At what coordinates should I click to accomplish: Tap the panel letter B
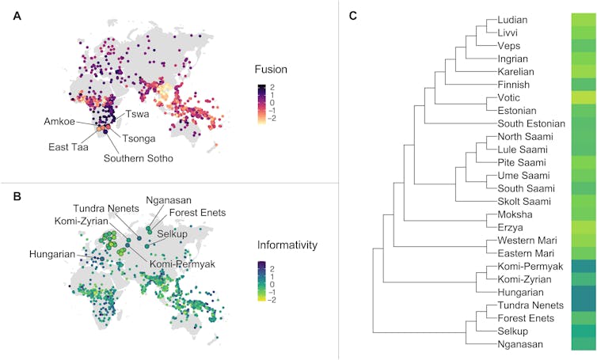(17, 192)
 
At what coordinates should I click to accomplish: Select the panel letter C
(353, 15)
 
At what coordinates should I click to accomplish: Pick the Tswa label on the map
(139, 113)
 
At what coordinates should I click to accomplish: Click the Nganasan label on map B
(168, 199)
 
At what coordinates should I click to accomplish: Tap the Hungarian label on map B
(53, 255)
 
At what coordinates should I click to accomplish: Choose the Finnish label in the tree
(515, 84)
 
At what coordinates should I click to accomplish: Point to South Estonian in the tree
(530, 123)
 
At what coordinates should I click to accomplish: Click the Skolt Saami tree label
(523, 201)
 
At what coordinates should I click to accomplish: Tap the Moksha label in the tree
(515, 214)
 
